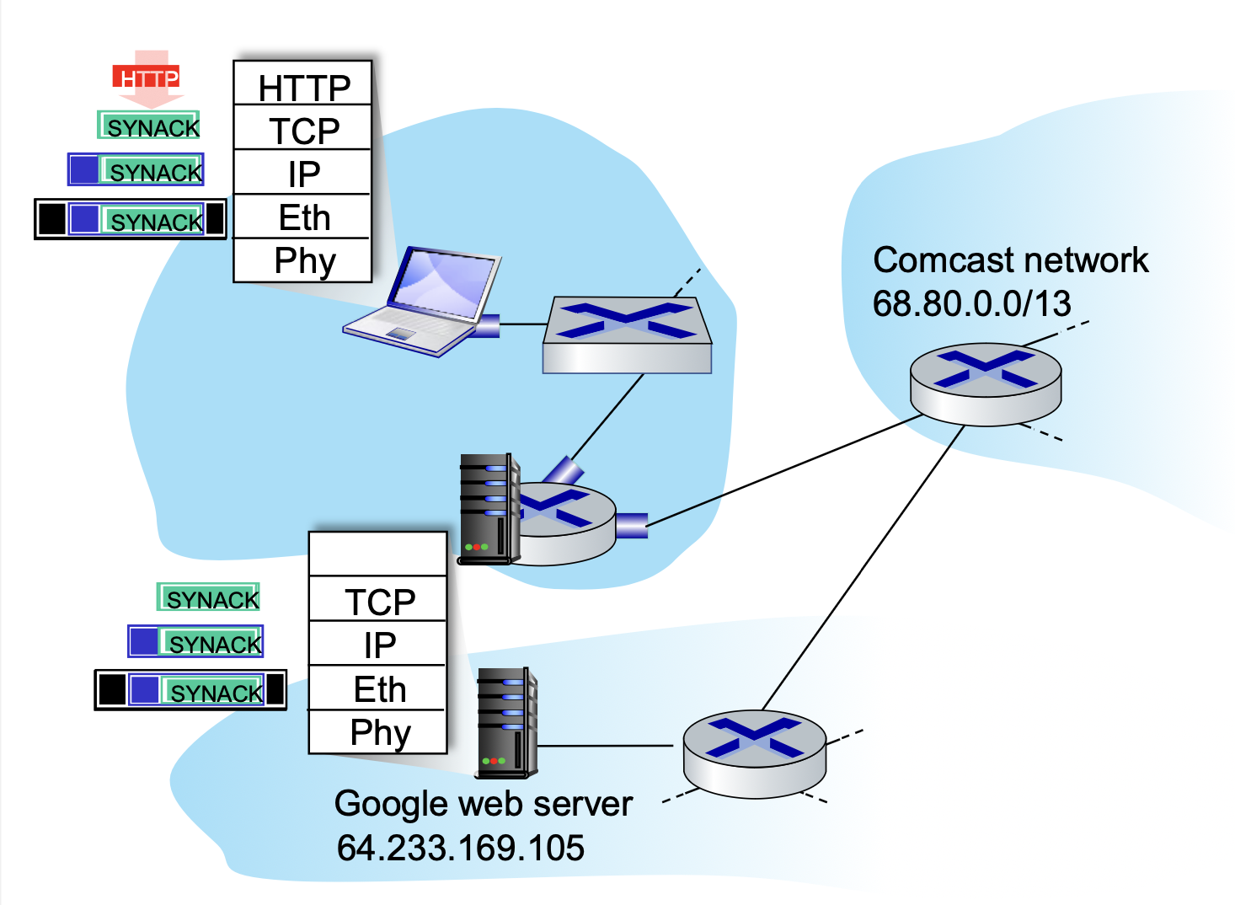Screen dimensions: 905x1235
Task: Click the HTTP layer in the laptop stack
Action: (x=302, y=86)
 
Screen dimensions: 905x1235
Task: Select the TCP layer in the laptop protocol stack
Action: (x=302, y=130)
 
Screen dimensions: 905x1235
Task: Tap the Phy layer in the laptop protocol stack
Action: (x=302, y=260)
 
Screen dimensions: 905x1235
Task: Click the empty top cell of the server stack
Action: (x=377, y=554)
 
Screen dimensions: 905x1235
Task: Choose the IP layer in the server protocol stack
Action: (x=377, y=645)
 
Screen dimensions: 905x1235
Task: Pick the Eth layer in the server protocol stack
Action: (x=377, y=688)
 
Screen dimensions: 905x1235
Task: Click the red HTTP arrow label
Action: (x=147, y=79)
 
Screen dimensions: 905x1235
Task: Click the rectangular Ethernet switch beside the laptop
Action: (x=627, y=335)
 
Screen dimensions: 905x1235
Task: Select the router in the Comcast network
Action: (x=985, y=383)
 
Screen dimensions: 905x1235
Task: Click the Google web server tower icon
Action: (x=506, y=722)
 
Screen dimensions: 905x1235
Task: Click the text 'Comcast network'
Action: (x=1010, y=260)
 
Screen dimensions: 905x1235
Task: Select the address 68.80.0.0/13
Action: (x=971, y=303)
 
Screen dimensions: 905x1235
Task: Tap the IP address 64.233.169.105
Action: (x=460, y=848)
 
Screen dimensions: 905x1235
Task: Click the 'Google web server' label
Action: (x=483, y=804)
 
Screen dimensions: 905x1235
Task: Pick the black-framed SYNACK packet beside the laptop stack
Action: (x=131, y=219)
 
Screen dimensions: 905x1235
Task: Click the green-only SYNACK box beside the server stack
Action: (x=208, y=597)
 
